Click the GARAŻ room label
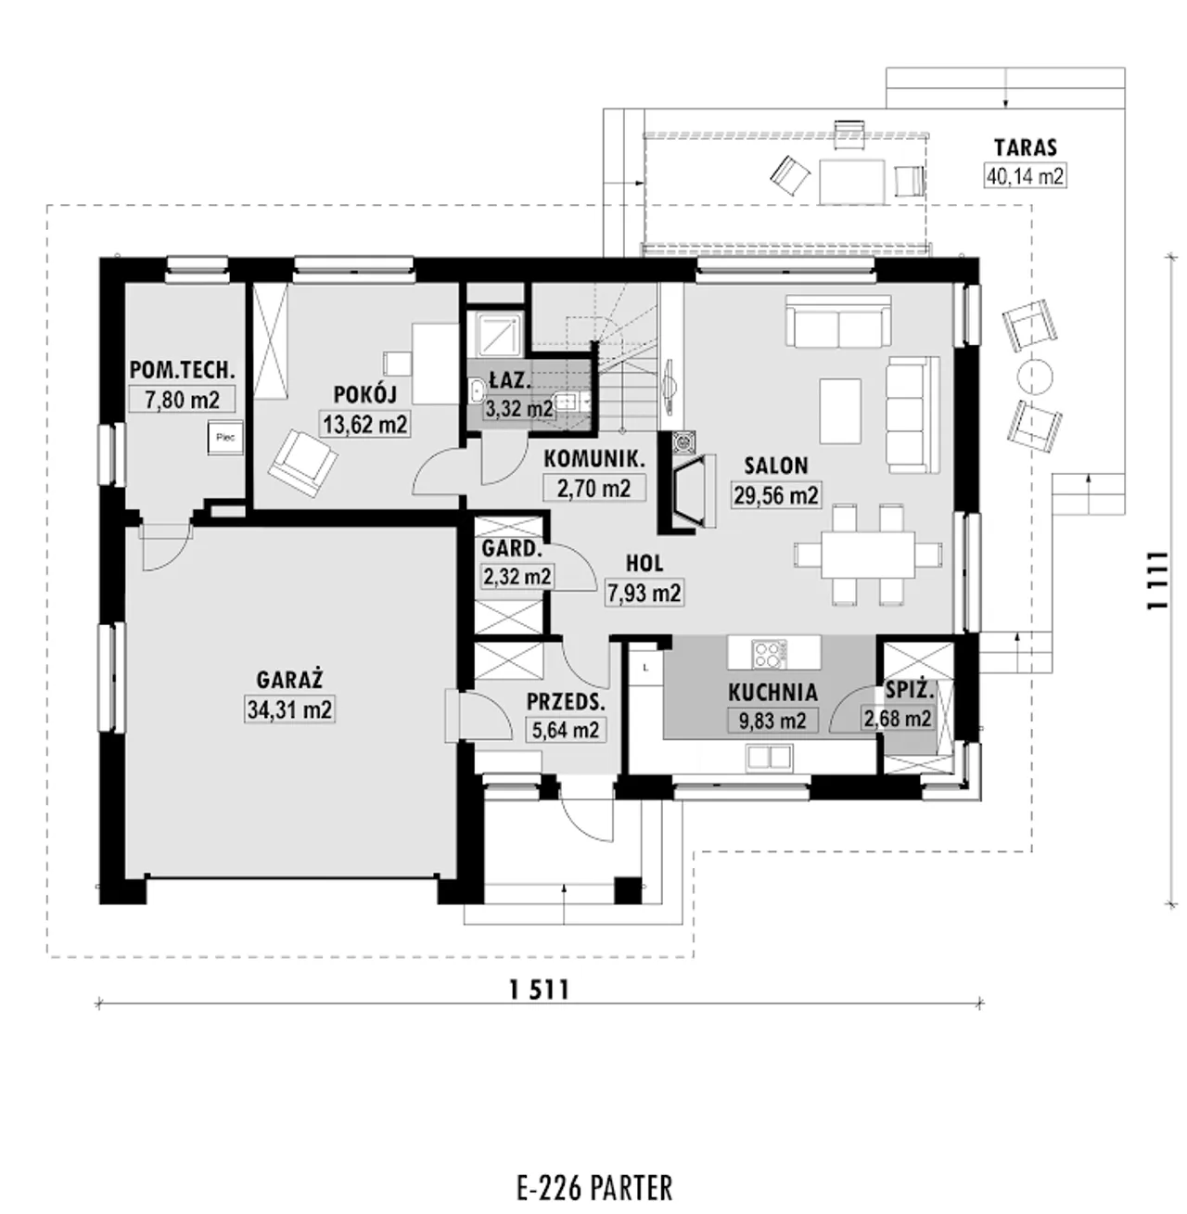pyautogui.click(x=288, y=678)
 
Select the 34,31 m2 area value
pyautogui.click(x=289, y=709)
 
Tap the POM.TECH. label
pyautogui.click(x=182, y=370)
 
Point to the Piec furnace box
pyautogui.click(x=225, y=438)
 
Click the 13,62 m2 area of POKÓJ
pyautogui.click(x=364, y=424)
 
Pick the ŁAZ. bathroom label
pyautogui.click(x=510, y=379)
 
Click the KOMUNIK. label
pyautogui.click(x=593, y=459)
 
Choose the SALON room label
pyautogui.click(x=775, y=466)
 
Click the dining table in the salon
pyautogui.click(x=868, y=554)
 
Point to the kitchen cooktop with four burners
pyautogui.click(x=769, y=654)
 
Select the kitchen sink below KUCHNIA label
pyautogui.click(x=770, y=758)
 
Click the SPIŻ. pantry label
pyautogui.click(x=910, y=691)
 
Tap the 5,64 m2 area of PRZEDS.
pyautogui.click(x=565, y=729)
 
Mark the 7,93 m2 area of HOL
pyautogui.click(x=645, y=592)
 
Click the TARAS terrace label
pyautogui.click(x=1026, y=147)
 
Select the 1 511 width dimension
pyautogui.click(x=540, y=990)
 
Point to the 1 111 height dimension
pyautogui.click(x=1155, y=581)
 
